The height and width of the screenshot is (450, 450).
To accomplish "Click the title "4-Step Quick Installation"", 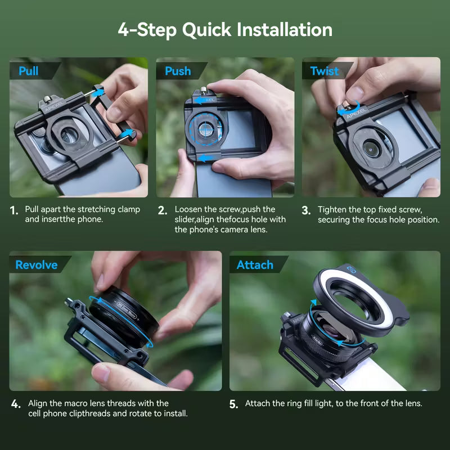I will (225, 29).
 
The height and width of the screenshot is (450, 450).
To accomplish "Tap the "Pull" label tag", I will (29, 71).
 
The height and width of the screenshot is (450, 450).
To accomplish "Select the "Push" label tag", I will (177, 71).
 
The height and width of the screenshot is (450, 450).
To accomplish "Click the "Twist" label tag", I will (325, 71).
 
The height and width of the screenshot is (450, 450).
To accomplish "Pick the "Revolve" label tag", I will (36, 265).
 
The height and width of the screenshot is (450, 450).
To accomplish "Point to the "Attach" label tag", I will (255, 265).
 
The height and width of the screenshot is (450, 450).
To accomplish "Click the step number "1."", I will (14, 211).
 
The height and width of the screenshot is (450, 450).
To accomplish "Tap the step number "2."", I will (162, 211).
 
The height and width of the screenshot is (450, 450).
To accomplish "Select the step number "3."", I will (306, 211).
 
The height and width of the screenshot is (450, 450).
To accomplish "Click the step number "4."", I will (16, 404).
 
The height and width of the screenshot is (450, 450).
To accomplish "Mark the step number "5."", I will (233, 404).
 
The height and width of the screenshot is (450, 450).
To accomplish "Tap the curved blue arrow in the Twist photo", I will (344, 110).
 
